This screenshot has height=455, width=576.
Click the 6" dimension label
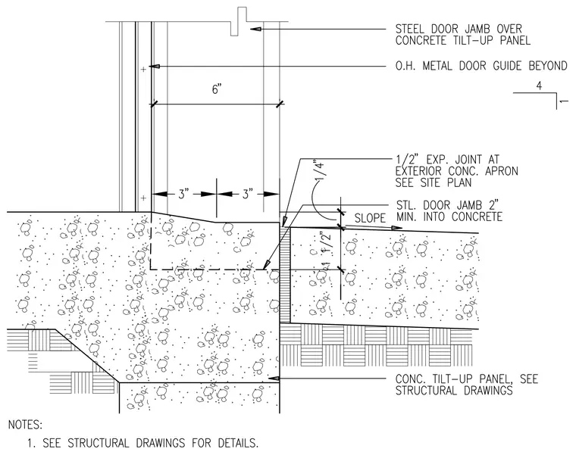(217, 89)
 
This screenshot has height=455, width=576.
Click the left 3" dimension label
(183, 194)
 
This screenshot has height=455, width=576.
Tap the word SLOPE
(370, 218)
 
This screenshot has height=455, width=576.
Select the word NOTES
(25, 425)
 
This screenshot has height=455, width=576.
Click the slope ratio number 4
(539, 86)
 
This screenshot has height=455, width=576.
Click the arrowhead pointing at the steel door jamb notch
(255, 29)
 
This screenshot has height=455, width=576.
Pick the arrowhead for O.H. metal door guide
(156, 67)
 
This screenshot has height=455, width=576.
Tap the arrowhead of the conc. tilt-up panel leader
(274, 379)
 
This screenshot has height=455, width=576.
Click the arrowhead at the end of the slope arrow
(397, 228)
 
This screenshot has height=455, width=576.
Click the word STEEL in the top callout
(409, 29)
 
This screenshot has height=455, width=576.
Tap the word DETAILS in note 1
(238, 443)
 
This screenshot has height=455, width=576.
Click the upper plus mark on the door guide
(144, 69)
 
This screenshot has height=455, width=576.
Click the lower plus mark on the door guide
(144, 198)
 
